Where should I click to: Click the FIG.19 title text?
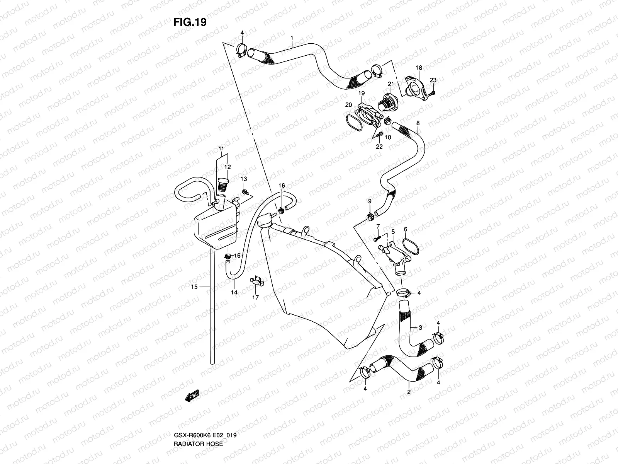(x=189, y=22)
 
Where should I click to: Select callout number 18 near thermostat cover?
(x=419, y=68)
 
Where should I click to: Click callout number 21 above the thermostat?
(x=390, y=84)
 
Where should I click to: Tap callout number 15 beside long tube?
(x=194, y=287)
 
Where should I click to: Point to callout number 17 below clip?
(x=256, y=298)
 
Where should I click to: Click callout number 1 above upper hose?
(x=292, y=38)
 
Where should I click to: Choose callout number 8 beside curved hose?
(x=418, y=123)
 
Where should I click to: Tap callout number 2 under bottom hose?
(x=409, y=392)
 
